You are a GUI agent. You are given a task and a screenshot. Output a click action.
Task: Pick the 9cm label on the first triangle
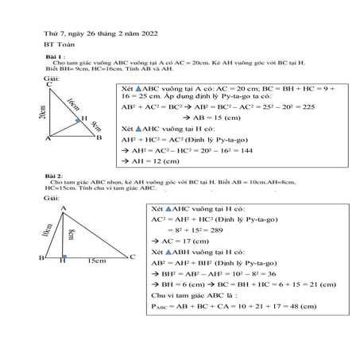96,124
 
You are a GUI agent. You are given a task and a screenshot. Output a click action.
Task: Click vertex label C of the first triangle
50,84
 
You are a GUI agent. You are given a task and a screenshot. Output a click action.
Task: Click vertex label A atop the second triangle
64,206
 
